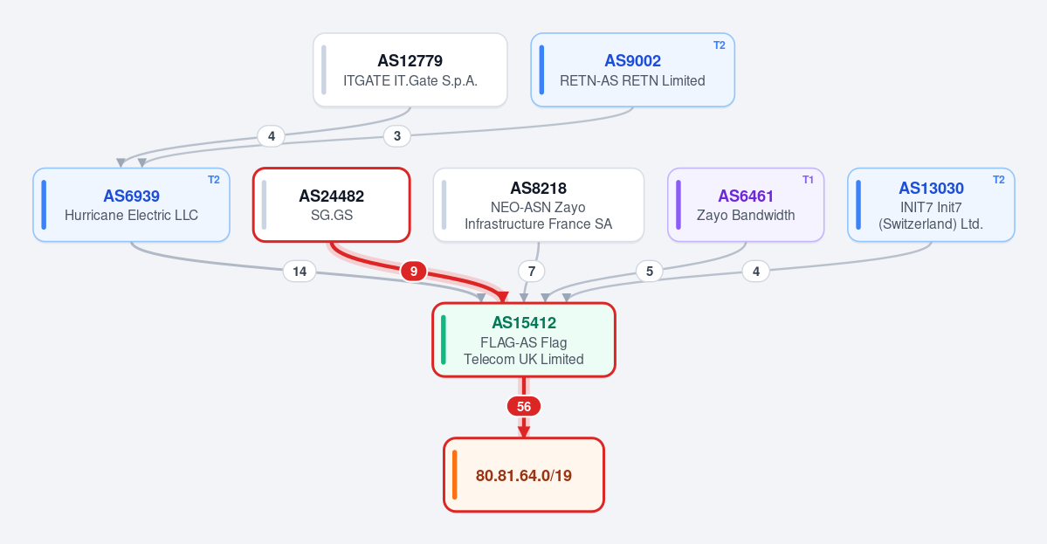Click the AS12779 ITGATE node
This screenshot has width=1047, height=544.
pyautogui.click(x=410, y=70)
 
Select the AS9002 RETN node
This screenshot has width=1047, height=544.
pyautogui.click(x=632, y=70)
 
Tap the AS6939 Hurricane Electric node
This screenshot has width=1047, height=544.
pyautogui.click(x=132, y=205)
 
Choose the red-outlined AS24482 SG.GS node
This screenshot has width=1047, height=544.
pyautogui.click(x=331, y=205)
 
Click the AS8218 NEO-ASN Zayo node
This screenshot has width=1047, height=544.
pyautogui.click(x=538, y=205)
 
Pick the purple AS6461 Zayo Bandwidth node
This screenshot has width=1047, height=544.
pyautogui.click(x=746, y=205)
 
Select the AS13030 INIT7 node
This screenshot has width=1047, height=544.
pyautogui.click(x=931, y=205)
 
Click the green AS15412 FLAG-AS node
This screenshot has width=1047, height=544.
pyautogui.click(x=524, y=340)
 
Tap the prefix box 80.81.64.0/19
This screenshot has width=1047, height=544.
pyautogui.click(x=524, y=475)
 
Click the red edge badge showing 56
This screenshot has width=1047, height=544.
pyautogui.click(x=524, y=407)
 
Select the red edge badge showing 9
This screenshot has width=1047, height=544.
pyautogui.click(x=413, y=271)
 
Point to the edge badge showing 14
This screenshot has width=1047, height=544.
pyautogui.click(x=300, y=271)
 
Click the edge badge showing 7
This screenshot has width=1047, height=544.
pyautogui.click(x=532, y=271)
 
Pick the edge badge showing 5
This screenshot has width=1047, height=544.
pyautogui.click(x=649, y=271)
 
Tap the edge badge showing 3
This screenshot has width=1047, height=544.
pyautogui.click(x=397, y=136)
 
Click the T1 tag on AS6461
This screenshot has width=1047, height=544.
pyautogui.click(x=808, y=180)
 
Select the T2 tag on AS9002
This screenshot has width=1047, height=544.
pyautogui.click(x=720, y=45)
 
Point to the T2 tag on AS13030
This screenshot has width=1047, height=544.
pyautogui.click(x=999, y=180)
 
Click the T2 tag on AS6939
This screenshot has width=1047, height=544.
pyautogui.click(x=214, y=180)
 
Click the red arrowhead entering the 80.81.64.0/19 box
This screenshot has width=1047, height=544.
pyautogui.click(x=524, y=432)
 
